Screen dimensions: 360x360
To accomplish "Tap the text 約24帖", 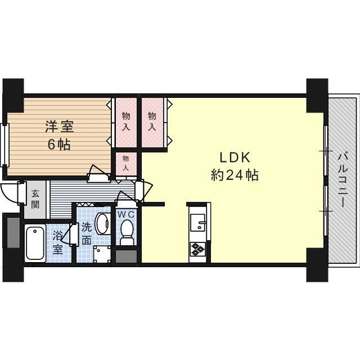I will click(x=234, y=175).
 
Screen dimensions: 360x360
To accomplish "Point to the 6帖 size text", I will click(x=59, y=145).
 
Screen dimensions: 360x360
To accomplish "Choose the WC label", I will click(x=127, y=214).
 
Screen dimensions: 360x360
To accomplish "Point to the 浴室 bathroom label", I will click(x=58, y=242).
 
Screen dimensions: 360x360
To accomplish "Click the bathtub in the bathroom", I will click(x=35, y=242).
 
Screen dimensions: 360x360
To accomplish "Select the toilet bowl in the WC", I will click(x=127, y=231).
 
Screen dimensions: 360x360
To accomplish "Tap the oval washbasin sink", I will click(x=102, y=223).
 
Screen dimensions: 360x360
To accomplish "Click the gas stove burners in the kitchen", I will click(x=198, y=249).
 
